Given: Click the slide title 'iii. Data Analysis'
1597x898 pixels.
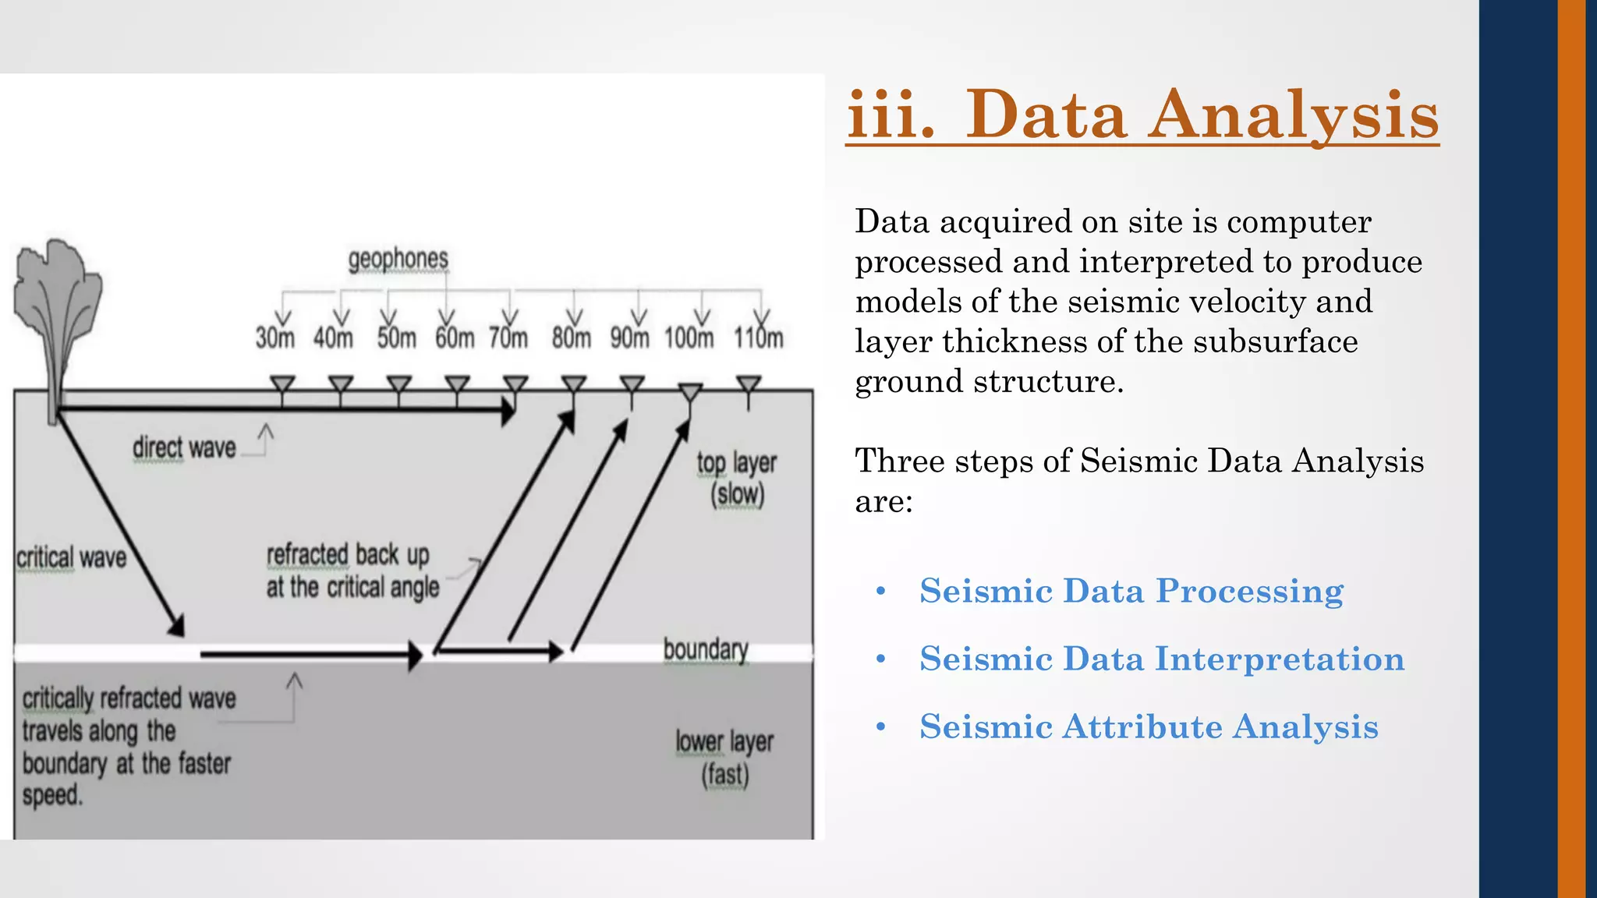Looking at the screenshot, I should tap(1142, 115).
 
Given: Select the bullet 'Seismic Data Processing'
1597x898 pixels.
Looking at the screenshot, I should tap(1131, 591).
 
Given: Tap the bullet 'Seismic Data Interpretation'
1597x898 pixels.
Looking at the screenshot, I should tap(1162, 659).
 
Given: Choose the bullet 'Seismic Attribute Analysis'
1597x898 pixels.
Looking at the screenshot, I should tap(1149, 727).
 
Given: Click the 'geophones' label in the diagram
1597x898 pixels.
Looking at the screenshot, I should tap(398, 259).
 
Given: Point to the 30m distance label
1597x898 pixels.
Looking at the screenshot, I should tap(274, 338).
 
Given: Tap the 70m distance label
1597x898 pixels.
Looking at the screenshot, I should tap(508, 338).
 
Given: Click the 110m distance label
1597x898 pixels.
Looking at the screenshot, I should tap(758, 338).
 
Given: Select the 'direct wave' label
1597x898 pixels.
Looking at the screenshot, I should tap(184, 448).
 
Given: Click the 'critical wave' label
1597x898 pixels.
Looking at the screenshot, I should tap(71, 558).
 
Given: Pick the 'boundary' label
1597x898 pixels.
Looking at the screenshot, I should tap(706, 649).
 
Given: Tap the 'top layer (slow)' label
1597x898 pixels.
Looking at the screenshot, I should tap(737, 478).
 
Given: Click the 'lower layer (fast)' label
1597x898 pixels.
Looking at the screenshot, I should tap(724, 758).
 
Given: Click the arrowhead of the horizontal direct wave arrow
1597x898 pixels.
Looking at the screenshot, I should tap(508, 408).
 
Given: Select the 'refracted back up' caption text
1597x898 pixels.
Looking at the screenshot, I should tap(348, 555).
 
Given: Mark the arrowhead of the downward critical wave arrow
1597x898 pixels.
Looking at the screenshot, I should tap(177, 625).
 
